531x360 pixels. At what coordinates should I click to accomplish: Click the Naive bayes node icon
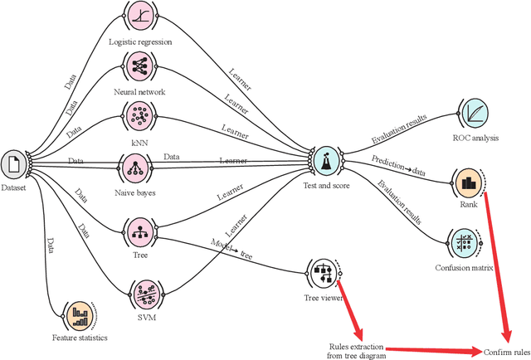point(134,168)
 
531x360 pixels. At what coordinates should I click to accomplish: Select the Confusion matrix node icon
point(464,243)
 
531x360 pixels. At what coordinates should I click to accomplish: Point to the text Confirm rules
point(506,352)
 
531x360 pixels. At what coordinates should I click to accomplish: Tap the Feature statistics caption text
point(80,338)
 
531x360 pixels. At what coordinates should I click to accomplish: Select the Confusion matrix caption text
point(465,268)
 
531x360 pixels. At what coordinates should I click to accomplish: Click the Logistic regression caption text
point(140,41)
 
